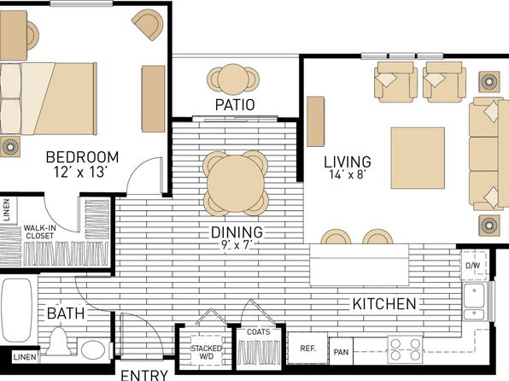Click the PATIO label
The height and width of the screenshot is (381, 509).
[235, 104]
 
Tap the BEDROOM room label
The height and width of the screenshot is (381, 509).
[82, 157]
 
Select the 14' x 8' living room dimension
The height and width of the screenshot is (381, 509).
[348, 175]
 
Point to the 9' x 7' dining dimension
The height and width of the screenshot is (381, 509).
[237, 245]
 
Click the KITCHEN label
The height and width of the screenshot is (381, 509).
[384, 304]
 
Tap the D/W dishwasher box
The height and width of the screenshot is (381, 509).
[474, 265]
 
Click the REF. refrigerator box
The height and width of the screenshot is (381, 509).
[307, 349]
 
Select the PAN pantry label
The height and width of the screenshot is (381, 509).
[341, 352]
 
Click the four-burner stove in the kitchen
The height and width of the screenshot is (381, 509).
[405, 349]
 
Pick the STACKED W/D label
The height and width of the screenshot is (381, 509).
[207, 352]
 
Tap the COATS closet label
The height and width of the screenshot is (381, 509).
[259, 332]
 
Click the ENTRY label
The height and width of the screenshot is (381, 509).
[144, 375]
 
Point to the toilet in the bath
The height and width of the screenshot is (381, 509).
[58, 341]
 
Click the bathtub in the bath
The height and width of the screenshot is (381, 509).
[17, 310]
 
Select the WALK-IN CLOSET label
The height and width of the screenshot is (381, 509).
[39, 232]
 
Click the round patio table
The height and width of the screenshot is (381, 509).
[233, 79]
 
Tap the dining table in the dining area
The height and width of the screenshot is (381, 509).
[236, 184]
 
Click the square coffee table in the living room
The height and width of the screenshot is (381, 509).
[418, 158]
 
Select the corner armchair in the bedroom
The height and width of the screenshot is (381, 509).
[148, 25]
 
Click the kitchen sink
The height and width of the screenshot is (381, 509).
[475, 302]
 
